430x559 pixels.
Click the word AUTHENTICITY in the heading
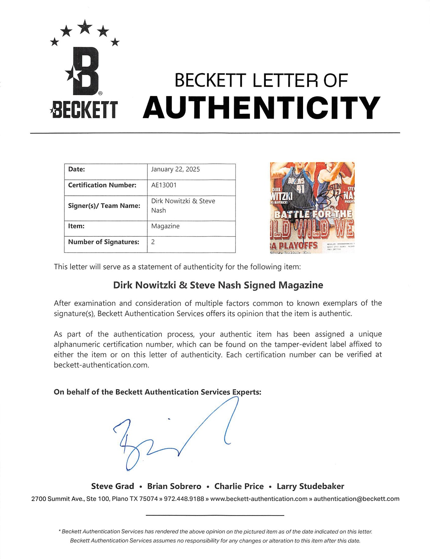pyautogui.click(x=261, y=107)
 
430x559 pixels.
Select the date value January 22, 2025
pyautogui.click(x=175, y=170)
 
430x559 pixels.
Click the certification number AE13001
pyautogui.click(x=164, y=185)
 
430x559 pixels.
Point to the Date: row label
pyautogui.click(x=76, y=170)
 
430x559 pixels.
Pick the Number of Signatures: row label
pyautogui.click(x=103, y=242)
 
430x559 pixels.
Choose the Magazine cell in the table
pyautogui.click(x=165, y=226)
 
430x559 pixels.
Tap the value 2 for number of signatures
pyautogui.click(x=153, y=242)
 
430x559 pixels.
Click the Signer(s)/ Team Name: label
pyautogui.click(x=104, y=206)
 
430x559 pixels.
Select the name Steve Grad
pyautogui.click(x=113, y=486)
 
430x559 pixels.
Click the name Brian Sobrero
pyautogui.click(x=174, y=486)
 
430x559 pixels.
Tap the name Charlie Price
pyautogui.click(x=239, y=486)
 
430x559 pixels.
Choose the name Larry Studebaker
pyautogui.click(x=310, y=486)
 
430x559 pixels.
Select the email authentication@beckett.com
pyautogui.click(x=356, y=499)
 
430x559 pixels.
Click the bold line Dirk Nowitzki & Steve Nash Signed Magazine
pyautogui.click(x=218, y=285)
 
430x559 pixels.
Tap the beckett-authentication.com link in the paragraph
pyautogui.click(x=101, y=365)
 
